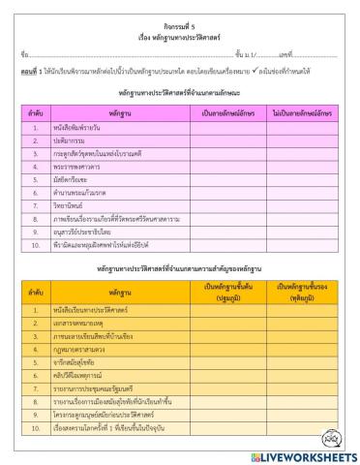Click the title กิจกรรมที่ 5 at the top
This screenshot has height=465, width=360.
pos(180,18)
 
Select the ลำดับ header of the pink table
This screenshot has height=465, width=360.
pos(34,114)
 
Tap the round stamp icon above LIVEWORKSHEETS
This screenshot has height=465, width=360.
pos(335,433)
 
